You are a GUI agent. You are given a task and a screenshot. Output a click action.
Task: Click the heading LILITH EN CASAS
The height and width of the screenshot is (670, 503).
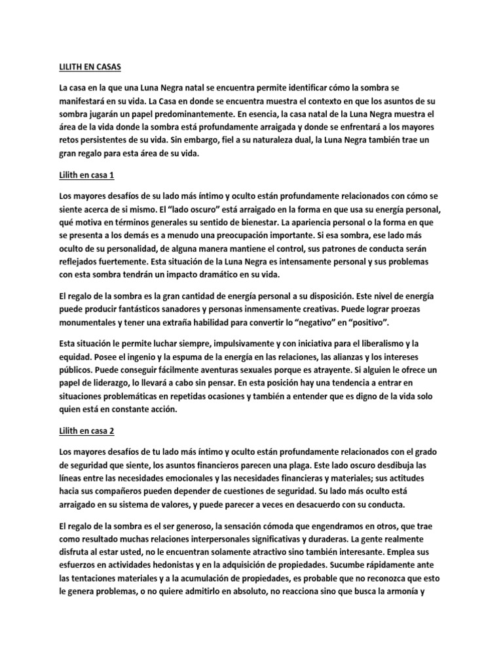click(85, 67)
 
